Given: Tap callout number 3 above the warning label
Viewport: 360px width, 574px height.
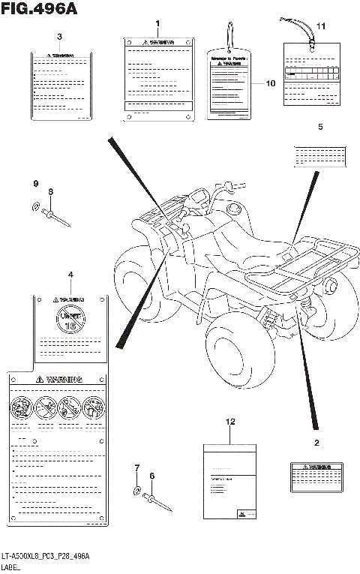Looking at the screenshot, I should [59, 36].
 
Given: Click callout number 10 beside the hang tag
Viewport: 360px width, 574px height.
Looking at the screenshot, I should [271, 83].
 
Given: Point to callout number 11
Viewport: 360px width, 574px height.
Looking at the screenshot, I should [321, 27].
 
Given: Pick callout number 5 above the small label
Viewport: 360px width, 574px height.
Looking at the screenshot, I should [320, 127].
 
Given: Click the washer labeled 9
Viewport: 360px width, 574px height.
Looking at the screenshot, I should [37, 207].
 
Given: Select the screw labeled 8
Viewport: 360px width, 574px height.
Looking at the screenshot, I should [57, 217].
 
